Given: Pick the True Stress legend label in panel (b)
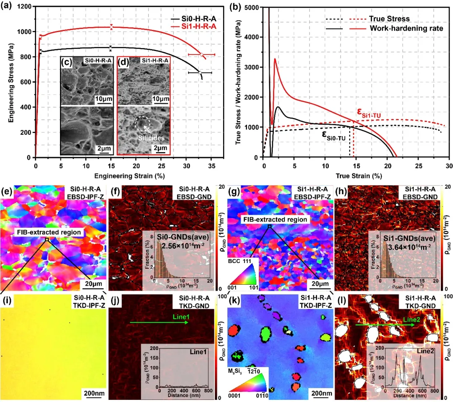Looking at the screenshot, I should [x=389, y=19].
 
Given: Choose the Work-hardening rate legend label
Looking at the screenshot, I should [x=406, y=28].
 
